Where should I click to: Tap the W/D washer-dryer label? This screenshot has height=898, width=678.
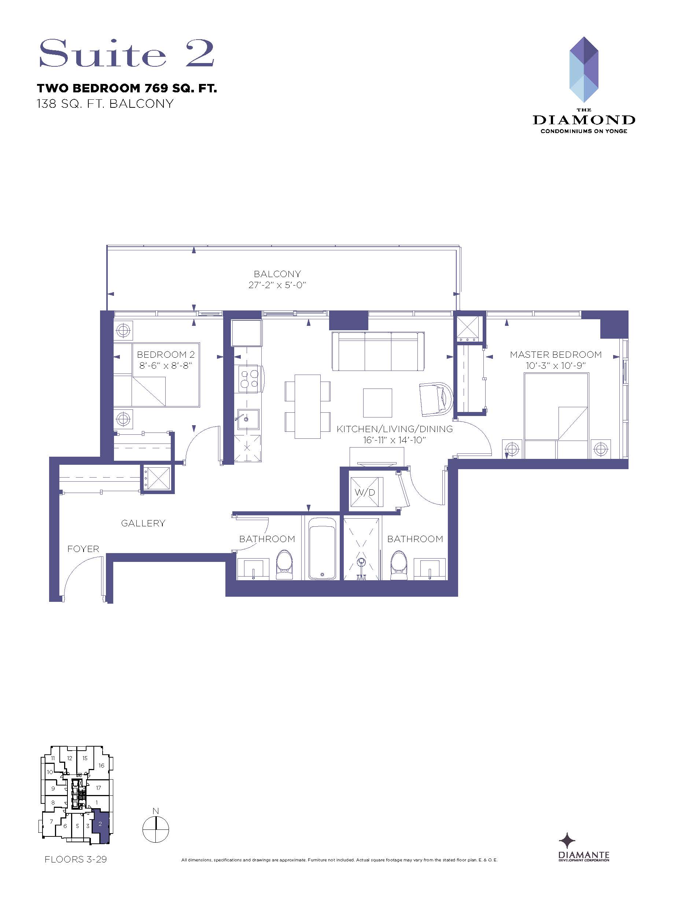tap(365, 493)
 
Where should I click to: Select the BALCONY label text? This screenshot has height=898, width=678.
tap(277, 274)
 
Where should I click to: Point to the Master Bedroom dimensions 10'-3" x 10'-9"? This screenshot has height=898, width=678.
tap(555, 365)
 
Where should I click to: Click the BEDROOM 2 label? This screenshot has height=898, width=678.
tap(166, 354)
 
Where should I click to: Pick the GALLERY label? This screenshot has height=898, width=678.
tap(143, 523)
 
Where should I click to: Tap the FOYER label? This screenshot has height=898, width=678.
tap(83, 549)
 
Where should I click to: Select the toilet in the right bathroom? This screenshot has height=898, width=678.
tap(398, 566)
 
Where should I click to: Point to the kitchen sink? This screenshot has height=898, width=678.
tap(247, 419)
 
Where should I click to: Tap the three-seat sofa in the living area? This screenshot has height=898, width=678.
tap(378, 352)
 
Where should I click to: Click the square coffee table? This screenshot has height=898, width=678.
tap(377, 403)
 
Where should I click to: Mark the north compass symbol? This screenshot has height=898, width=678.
tap(156, 829)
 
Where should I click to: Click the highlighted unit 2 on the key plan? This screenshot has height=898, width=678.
tap(101, 825)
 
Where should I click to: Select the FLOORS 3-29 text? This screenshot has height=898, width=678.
tap(76, 859)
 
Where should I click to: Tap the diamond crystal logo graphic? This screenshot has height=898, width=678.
tap(584, 69)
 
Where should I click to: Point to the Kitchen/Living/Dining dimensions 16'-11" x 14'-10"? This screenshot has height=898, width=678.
tap(394, 440)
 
